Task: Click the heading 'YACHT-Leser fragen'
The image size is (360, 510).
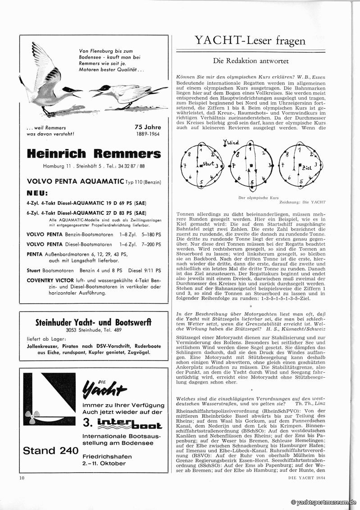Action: tap(250, 41)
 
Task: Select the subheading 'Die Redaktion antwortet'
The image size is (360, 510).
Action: tap(251, 61)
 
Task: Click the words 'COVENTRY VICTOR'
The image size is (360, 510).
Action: tap(54, 280)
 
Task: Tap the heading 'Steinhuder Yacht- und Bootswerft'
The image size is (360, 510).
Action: tap(93, 322)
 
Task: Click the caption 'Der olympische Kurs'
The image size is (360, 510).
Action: tap(258, 198)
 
